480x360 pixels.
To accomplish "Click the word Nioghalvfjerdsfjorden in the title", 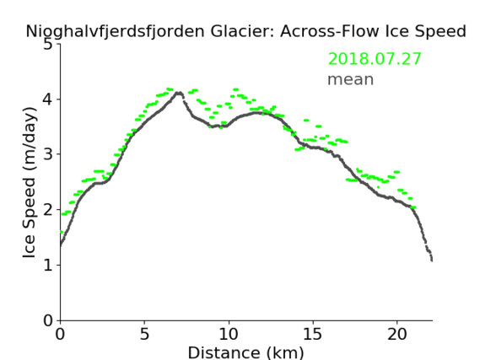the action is tap(115, 32).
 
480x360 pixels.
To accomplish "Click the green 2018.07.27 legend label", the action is tap(375, 59).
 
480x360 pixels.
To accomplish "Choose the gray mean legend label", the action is tap(351, 80).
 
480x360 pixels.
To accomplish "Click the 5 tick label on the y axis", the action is tap(48, 45).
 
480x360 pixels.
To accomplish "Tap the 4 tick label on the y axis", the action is tap(48, 99).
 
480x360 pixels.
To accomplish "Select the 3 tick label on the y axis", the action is tap(48, 154).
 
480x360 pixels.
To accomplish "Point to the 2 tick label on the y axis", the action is tap(48, 210).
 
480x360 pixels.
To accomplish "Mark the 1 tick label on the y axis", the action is tap(48, 265).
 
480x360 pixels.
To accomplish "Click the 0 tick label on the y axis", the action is tap(48, 320).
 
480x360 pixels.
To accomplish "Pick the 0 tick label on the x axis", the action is tap(60, 334).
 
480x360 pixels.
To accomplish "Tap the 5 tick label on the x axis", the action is tap(144, 334).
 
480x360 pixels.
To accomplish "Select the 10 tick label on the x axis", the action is tap(229, 334).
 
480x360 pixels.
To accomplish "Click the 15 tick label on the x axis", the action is tap(313, 334).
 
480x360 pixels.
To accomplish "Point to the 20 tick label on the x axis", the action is tap(397, 334).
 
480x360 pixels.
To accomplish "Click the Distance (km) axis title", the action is tap(245, 352).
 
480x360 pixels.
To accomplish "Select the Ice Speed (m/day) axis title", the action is tap(30, 182).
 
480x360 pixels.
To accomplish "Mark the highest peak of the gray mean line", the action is tap(179, 93).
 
